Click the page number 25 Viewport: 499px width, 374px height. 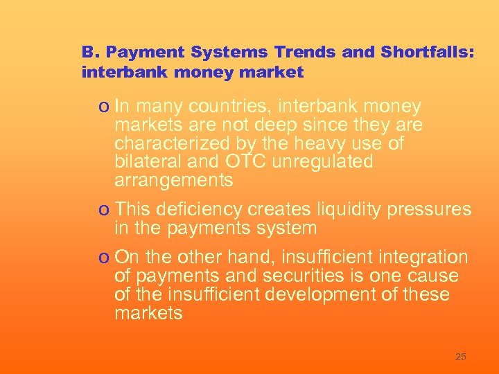coord(460,357)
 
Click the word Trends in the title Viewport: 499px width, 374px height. coord(302,52)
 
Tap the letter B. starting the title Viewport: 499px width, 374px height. coord(89,52)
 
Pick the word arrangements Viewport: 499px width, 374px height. coord(173,181)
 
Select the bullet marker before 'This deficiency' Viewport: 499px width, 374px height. coord(104,210)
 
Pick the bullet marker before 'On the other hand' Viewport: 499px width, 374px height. coord(104,258)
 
